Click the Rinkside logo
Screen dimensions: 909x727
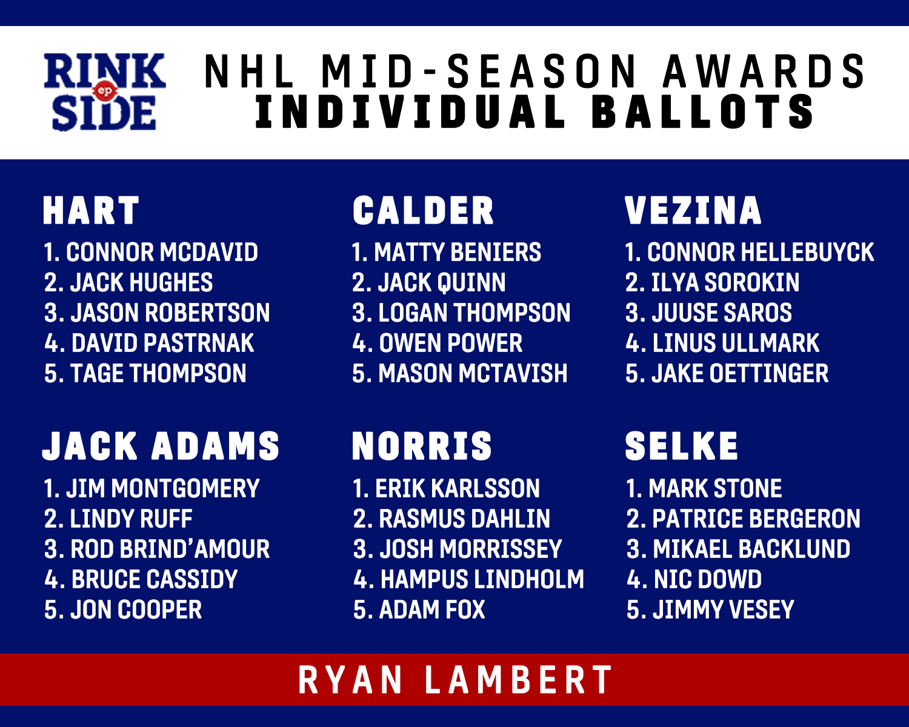[105, 91]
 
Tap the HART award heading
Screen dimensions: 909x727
[91, 210]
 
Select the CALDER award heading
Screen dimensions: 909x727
[423, 210]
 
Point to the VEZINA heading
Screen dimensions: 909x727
[693, 210]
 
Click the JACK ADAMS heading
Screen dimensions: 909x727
[161, 446]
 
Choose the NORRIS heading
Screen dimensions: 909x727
[422, 446]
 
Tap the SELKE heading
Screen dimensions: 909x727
[681, 446]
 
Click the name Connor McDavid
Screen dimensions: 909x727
[162, 252]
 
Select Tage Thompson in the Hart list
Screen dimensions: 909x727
[158, 373]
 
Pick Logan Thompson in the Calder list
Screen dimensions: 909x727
[474, 313]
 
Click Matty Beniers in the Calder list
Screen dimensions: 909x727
[458, 252]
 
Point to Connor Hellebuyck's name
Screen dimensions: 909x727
[761, 252]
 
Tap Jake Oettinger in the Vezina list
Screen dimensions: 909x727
[739, 373]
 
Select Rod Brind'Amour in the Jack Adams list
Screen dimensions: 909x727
[170, 549]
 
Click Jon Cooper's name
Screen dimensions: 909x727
[136, 610]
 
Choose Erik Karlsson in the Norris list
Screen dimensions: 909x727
[458, 489]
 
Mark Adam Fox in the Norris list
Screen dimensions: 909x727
[431, 610]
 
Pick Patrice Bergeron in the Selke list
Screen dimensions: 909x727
[756, 519]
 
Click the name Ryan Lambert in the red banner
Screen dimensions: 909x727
[455, 680]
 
